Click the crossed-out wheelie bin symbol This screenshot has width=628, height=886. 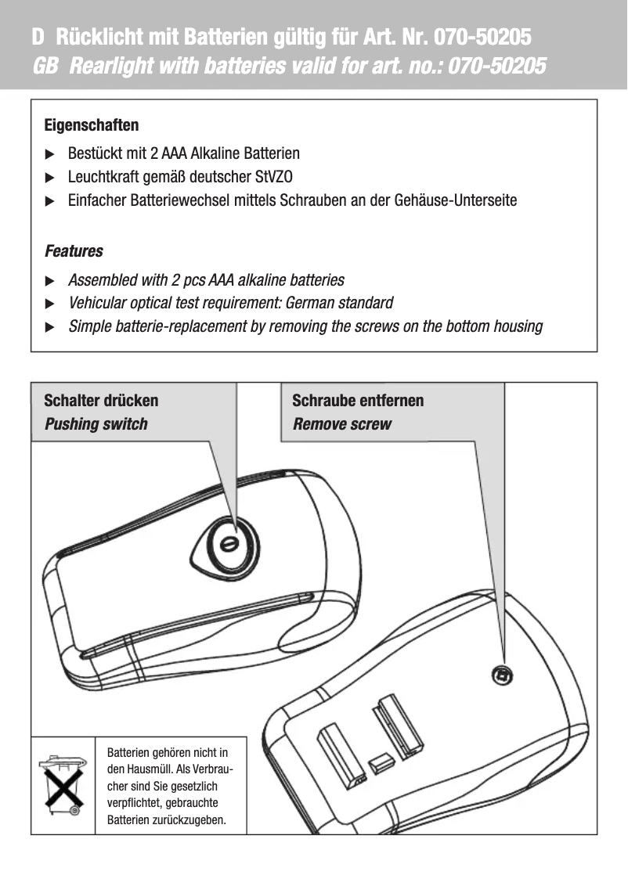coord(63,785)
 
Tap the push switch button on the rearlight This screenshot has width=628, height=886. coord(228,543)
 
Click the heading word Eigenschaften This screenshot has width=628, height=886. coord(92,125)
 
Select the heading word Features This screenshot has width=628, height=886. coord(74,251)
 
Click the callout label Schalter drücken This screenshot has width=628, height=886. coord(101,401)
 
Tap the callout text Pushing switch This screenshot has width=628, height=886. coord(96,424)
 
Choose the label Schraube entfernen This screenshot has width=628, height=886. coord(358,401)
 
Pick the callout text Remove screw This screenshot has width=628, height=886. coord(342,424)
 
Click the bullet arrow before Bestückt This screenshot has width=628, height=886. coord(51,154)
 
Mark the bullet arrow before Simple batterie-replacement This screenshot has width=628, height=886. coord(51,326)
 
